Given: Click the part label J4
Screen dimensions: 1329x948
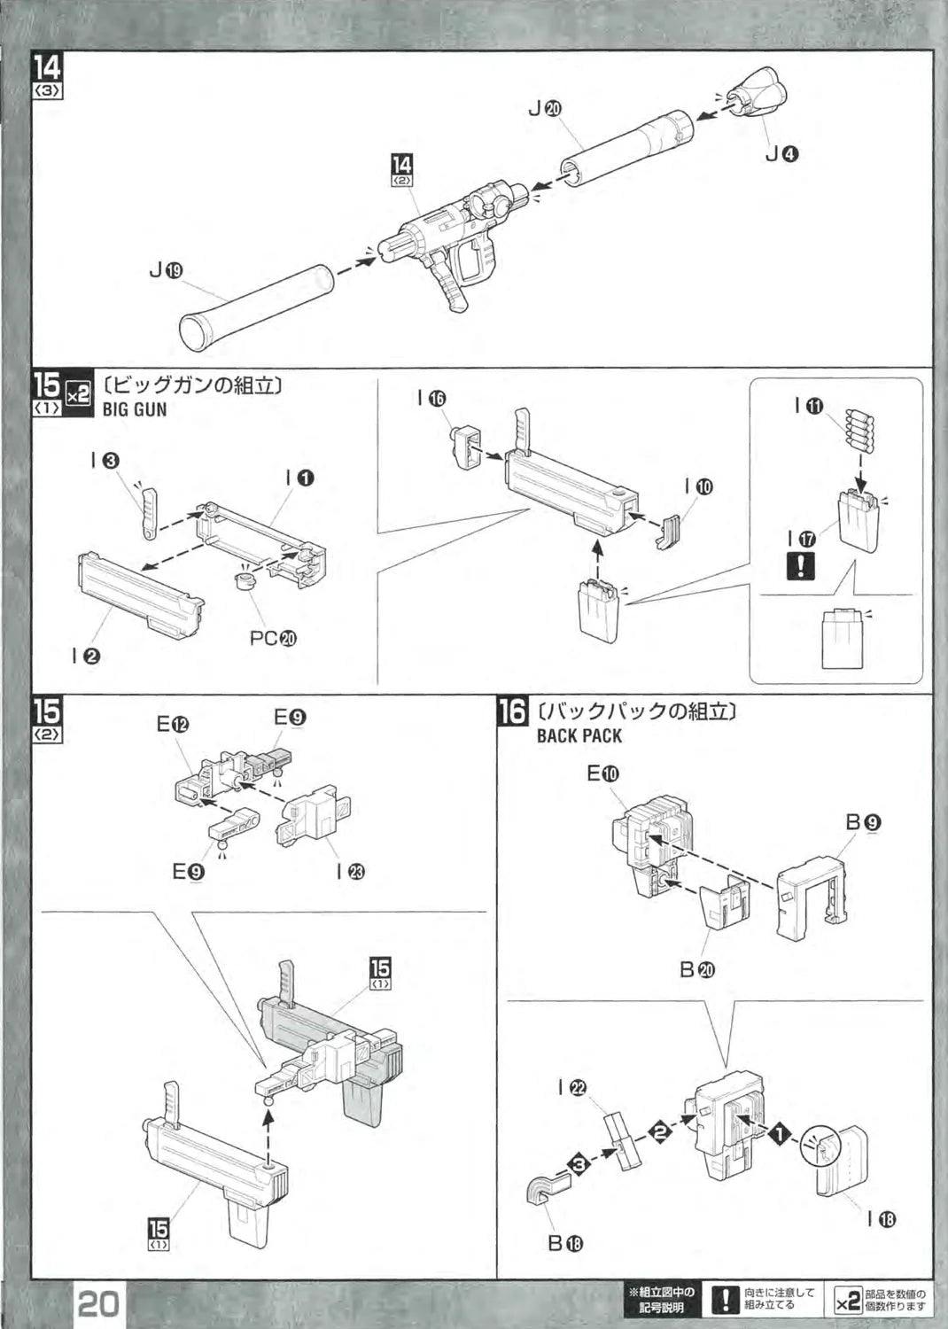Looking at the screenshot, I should [x=782, y=154].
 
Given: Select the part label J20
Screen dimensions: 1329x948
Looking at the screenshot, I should [x=544, y=109].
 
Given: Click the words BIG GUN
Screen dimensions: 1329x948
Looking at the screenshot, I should [x=135, y=409].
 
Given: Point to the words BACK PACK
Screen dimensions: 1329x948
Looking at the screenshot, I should [x=579, y=735].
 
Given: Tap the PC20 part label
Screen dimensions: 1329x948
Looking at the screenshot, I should [x=273, y=638].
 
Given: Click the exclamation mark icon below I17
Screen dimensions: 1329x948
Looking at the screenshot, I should [x=801, y=564].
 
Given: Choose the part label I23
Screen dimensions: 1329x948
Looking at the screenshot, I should [x=351, y=872].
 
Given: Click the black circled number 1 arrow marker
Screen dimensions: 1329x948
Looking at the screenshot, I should [x=780, y=1133].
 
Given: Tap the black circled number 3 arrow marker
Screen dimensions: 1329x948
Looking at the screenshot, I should [x=579, y=1164].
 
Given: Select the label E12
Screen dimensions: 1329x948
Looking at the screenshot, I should [x=173, y=724].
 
